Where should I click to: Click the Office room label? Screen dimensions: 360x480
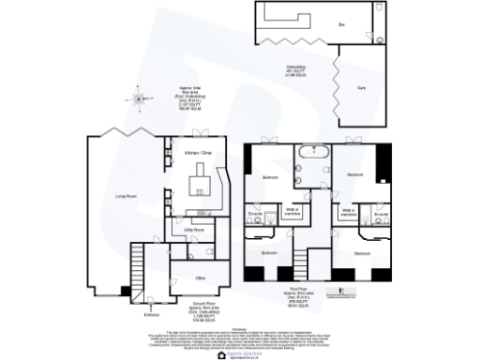[200, 277]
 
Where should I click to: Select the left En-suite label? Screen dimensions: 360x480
[254, 215]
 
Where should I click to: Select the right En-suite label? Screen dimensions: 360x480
[381, 215]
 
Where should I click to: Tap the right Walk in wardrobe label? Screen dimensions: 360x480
[348, 213]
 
